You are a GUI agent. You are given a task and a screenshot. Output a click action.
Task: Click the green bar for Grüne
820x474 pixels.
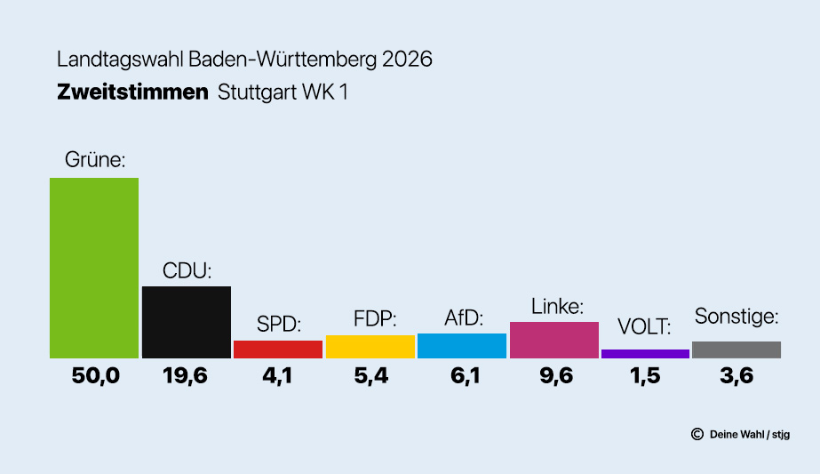tap(94, 268)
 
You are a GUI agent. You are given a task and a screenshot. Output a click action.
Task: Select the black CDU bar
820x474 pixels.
tap(187, 322)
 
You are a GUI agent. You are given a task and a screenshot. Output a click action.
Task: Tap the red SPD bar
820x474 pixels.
tap(278, 349)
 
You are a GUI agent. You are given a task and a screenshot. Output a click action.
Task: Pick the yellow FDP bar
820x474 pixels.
tap(370, 347)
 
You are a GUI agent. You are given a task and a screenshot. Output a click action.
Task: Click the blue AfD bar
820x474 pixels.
tap(462, 346)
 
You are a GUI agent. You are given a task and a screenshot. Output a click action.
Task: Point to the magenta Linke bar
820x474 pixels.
tap(554, 340)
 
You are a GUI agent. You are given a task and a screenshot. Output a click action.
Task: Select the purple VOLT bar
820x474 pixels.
tap(645, 354)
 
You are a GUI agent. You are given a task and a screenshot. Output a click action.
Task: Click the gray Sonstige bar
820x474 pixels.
tap(736, 349)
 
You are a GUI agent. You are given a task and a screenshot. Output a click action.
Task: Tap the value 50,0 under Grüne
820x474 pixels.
tap(95, 376)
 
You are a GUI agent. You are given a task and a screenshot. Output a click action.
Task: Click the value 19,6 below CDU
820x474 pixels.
tap(186, 376)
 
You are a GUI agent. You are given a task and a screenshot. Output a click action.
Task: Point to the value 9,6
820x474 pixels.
tap(554, 376)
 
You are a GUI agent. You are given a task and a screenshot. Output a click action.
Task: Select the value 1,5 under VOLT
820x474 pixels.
tap(645, 376)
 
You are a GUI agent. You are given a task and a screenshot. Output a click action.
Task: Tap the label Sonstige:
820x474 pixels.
tap(736, 316)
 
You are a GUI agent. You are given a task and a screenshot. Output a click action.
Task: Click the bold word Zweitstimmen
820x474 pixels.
tap(132, 92)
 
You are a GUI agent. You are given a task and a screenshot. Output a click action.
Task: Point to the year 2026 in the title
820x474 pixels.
tap(408, 60)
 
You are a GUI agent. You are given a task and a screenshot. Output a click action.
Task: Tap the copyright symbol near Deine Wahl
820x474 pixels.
tap(697, 434)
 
